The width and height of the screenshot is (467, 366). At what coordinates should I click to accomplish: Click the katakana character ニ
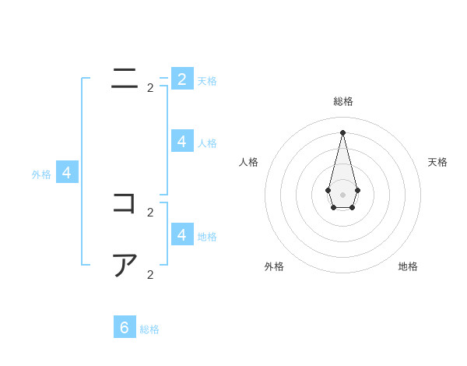125,78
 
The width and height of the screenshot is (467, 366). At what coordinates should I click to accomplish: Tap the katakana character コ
125,203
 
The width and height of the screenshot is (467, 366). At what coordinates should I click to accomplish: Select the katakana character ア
125,266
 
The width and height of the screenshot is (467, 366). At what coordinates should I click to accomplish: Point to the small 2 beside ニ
150,88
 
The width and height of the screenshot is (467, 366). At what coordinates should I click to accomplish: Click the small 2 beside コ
150,213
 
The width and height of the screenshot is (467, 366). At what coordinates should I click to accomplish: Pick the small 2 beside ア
150,275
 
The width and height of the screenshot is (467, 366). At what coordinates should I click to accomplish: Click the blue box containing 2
182,79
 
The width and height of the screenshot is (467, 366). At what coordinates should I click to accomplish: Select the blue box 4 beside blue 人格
182,141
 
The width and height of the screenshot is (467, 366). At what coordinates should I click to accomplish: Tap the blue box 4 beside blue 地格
182,234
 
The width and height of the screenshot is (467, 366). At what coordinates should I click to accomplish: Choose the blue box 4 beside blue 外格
67,173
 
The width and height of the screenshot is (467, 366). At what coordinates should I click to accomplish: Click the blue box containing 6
125,327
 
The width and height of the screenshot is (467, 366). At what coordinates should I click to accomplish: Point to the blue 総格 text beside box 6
149,329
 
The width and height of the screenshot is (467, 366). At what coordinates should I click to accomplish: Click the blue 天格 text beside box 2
207,81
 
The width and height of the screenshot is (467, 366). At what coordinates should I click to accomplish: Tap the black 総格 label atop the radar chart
343,101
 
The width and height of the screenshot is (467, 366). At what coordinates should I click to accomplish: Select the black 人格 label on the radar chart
249,162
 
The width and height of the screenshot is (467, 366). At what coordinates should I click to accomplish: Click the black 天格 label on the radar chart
437,162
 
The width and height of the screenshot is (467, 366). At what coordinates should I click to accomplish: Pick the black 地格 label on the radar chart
408,266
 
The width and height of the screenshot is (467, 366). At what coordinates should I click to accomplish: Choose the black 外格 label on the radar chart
274,266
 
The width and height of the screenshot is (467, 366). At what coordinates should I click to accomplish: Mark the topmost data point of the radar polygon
342,132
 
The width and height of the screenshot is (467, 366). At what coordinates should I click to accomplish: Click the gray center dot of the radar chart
342,195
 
